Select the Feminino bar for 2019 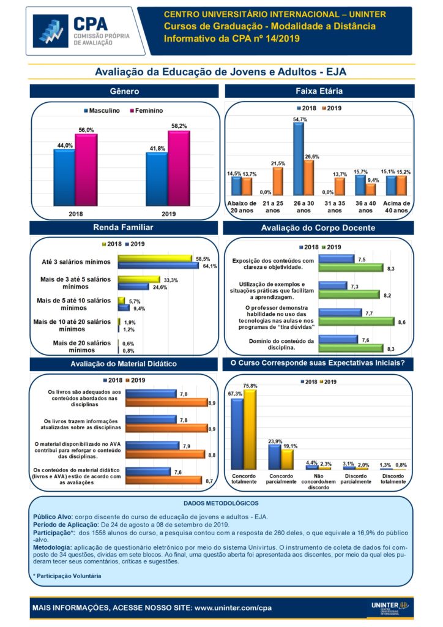point(178,168)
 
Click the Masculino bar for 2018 point(64,178)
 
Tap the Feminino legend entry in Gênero point(146,111)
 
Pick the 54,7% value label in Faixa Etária point(300,119)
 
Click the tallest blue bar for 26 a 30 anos point(299,159)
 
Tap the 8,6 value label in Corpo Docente point(401,321)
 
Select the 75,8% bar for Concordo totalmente point(250,429)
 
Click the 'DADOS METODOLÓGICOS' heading point(221,503)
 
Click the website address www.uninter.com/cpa point(233,608)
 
